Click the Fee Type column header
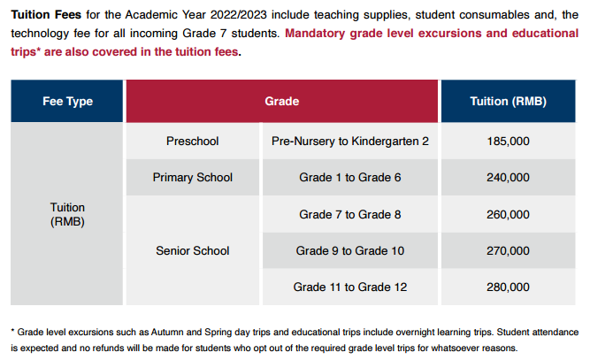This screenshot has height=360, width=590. tap(67, 102)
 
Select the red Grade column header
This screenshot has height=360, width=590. tap(282, 102)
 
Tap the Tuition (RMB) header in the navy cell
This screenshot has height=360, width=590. tap(508, 102)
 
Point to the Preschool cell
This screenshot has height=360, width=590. tap(192, 142)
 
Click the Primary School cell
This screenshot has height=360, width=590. tap(192, 178)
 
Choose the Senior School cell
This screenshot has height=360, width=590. tap(192, 251)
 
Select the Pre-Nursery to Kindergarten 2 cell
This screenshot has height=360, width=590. tap(349, 142)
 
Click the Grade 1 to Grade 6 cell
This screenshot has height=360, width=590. tap(349, 178)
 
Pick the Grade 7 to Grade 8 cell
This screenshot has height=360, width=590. tap(349, 215)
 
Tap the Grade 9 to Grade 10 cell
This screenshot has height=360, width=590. tap(349, 251)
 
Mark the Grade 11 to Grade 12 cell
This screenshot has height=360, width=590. tap(349, 287)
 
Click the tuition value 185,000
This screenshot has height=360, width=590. tap(508, 142)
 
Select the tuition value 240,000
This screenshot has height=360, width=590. tap(508, 178)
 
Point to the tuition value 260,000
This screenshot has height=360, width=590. tap(508, 215)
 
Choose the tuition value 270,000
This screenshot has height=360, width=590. tap(508, 251)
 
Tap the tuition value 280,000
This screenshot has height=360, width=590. tap(508, 287)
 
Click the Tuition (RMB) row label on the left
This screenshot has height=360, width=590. tap(67, 215)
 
